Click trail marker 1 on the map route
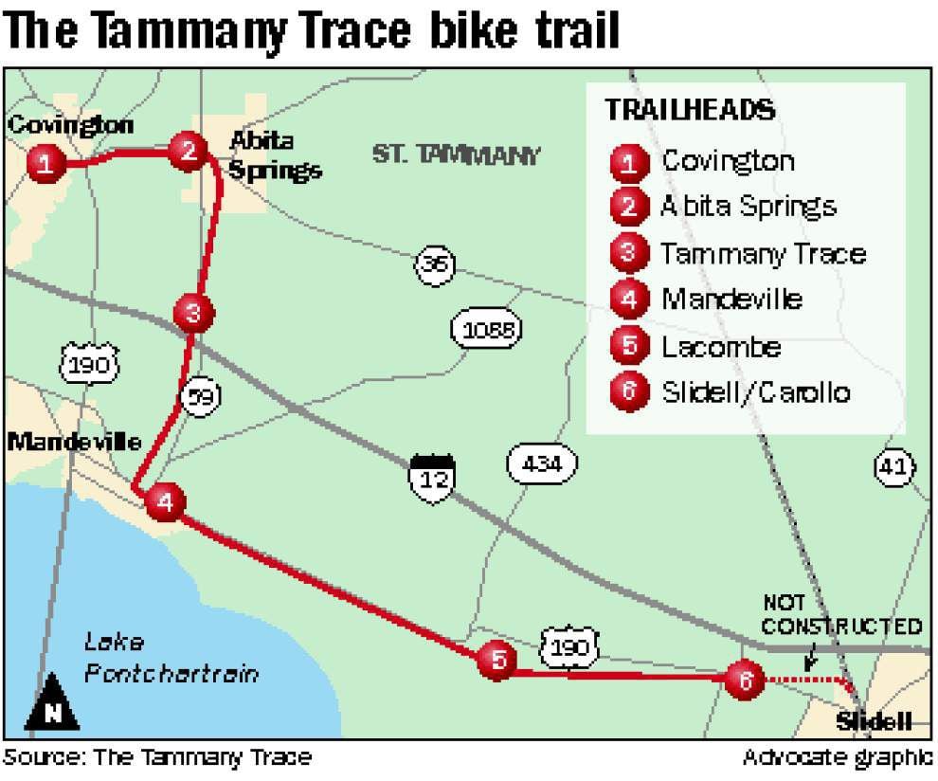click(x=46, y=165)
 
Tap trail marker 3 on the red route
click(x=193, y=312)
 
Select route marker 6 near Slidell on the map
click(x=745, y=679)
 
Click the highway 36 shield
click(x=435, y=264)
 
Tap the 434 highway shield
click(x=541, y=464)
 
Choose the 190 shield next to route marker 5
click(x=570, y=646)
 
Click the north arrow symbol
click(x=51, y=704)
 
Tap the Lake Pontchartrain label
click(x=171, y=658)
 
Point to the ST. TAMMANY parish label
click(x=456, y=154)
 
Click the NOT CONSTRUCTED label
click(x=840, y=616)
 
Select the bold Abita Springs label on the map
click(x=275, y=155)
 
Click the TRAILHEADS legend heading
click(x=690, y=109)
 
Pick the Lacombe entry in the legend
click(x=721, y=346)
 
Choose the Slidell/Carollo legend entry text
click(x=755, y=391)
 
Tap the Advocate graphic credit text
click(x=838, y=757)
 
